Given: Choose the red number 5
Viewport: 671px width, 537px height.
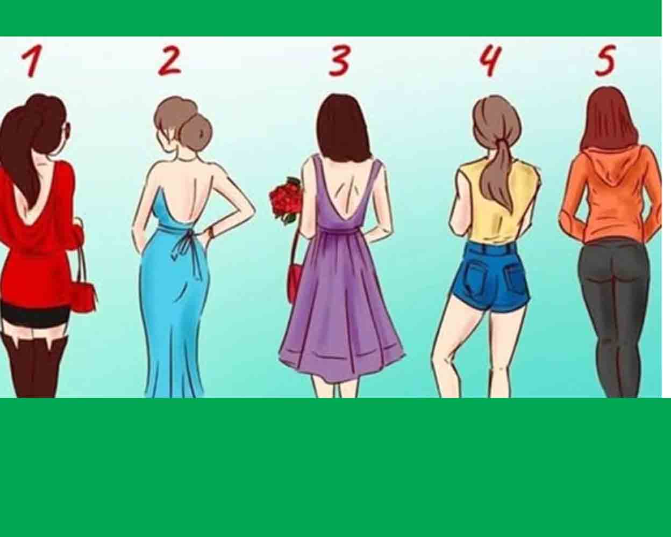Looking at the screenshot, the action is click(605, 61).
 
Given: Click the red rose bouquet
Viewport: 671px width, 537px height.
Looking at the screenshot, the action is click(285, 200).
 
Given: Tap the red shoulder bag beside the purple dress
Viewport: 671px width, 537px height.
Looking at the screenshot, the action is click(296, 281).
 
